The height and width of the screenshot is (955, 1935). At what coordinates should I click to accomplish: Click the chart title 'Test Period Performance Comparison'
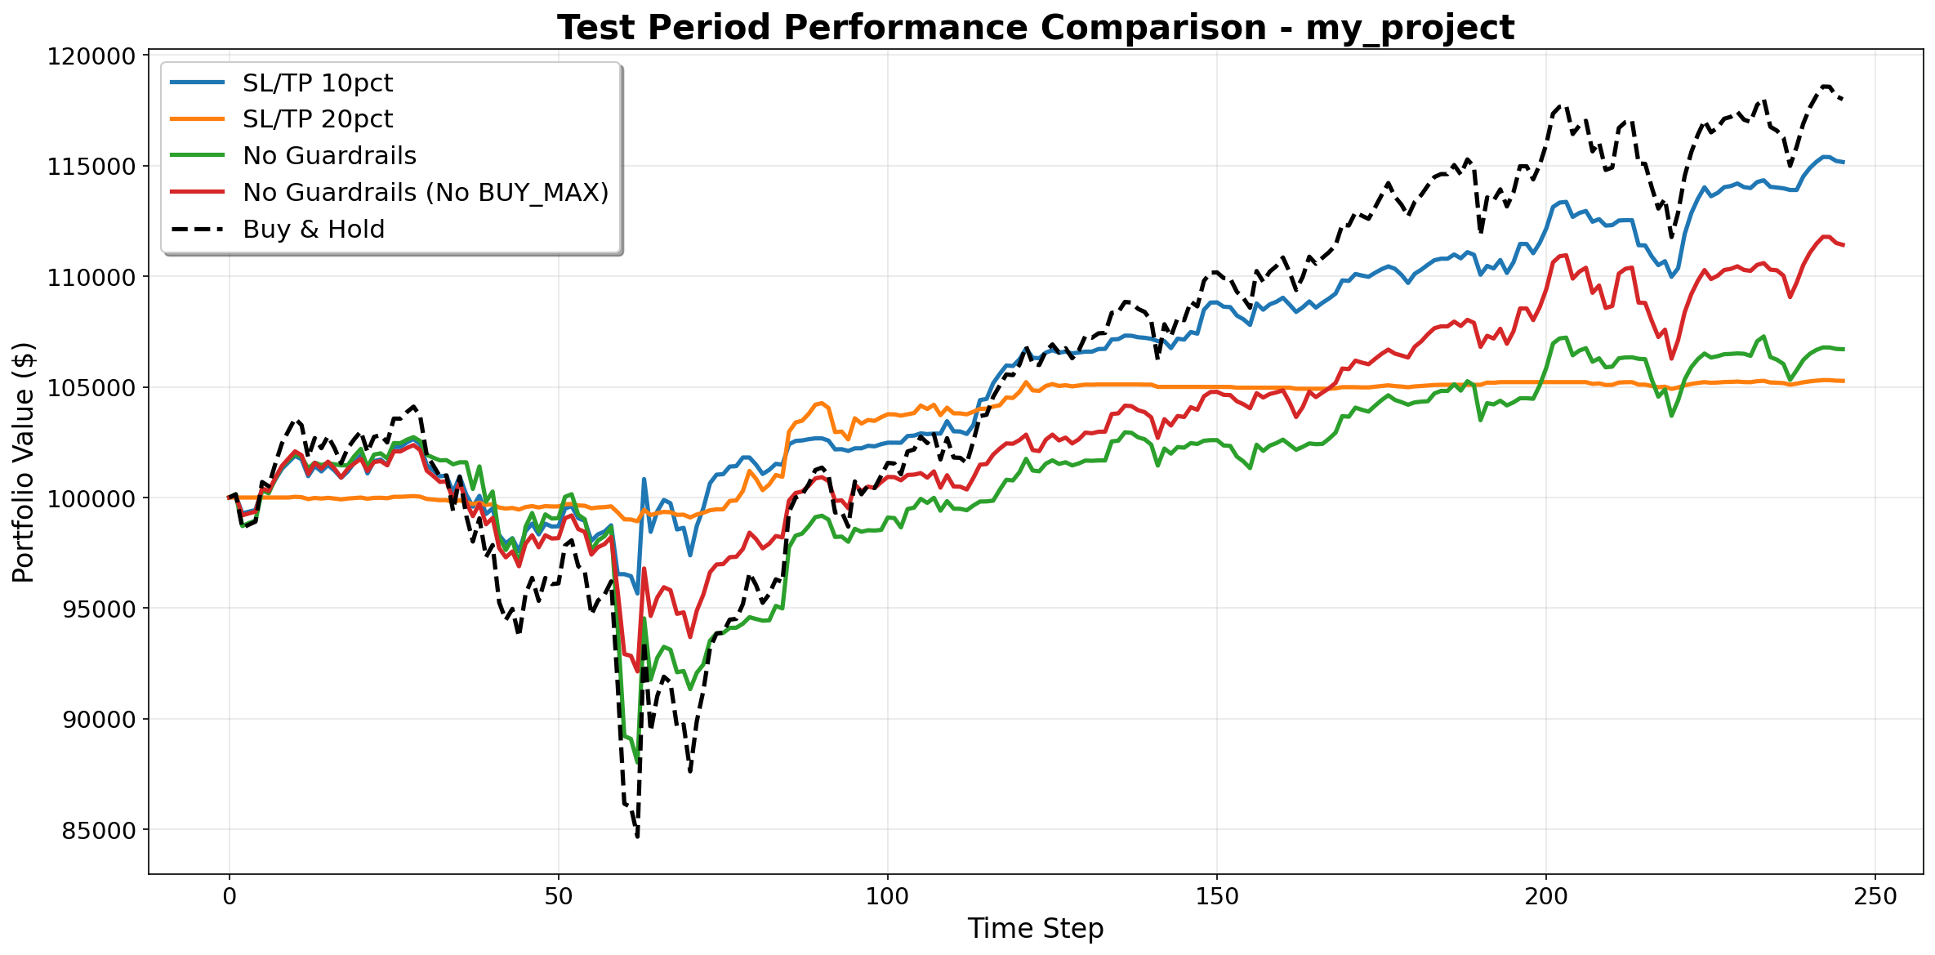(x=1035, y=28)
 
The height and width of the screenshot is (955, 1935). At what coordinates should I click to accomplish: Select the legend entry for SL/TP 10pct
(x=317, y=83)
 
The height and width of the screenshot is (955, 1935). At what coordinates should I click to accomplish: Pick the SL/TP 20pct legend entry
(x=317, y=119)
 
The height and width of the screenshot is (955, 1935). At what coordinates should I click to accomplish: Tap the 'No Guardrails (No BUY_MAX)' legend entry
(x=425, y=193)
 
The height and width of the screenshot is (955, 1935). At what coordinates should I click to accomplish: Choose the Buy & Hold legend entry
(x=313, y=230)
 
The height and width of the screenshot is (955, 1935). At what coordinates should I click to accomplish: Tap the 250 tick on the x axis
(x=1875, y=897)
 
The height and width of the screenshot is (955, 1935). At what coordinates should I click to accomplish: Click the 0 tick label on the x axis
(x=230, y=897)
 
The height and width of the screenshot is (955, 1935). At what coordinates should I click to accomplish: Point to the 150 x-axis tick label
(x=1217, y=897)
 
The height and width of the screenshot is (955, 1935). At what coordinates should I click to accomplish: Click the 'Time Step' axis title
(x=1035, y=929)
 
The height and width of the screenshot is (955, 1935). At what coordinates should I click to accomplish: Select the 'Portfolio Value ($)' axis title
(x=25, y=462)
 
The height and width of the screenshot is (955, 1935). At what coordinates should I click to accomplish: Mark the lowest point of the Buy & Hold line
(x=637, y=837)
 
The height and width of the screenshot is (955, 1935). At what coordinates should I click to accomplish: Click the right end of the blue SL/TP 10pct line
(x=1844, y=163)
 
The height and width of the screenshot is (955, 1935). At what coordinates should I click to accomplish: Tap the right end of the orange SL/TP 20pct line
(x=1844, y=381)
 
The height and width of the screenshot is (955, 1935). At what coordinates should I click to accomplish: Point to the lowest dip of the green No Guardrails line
(x=636, y=762)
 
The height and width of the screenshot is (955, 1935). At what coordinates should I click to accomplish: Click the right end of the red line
(x=1844, y=245)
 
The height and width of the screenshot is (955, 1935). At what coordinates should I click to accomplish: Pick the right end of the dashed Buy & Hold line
(x=1844, y=99)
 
